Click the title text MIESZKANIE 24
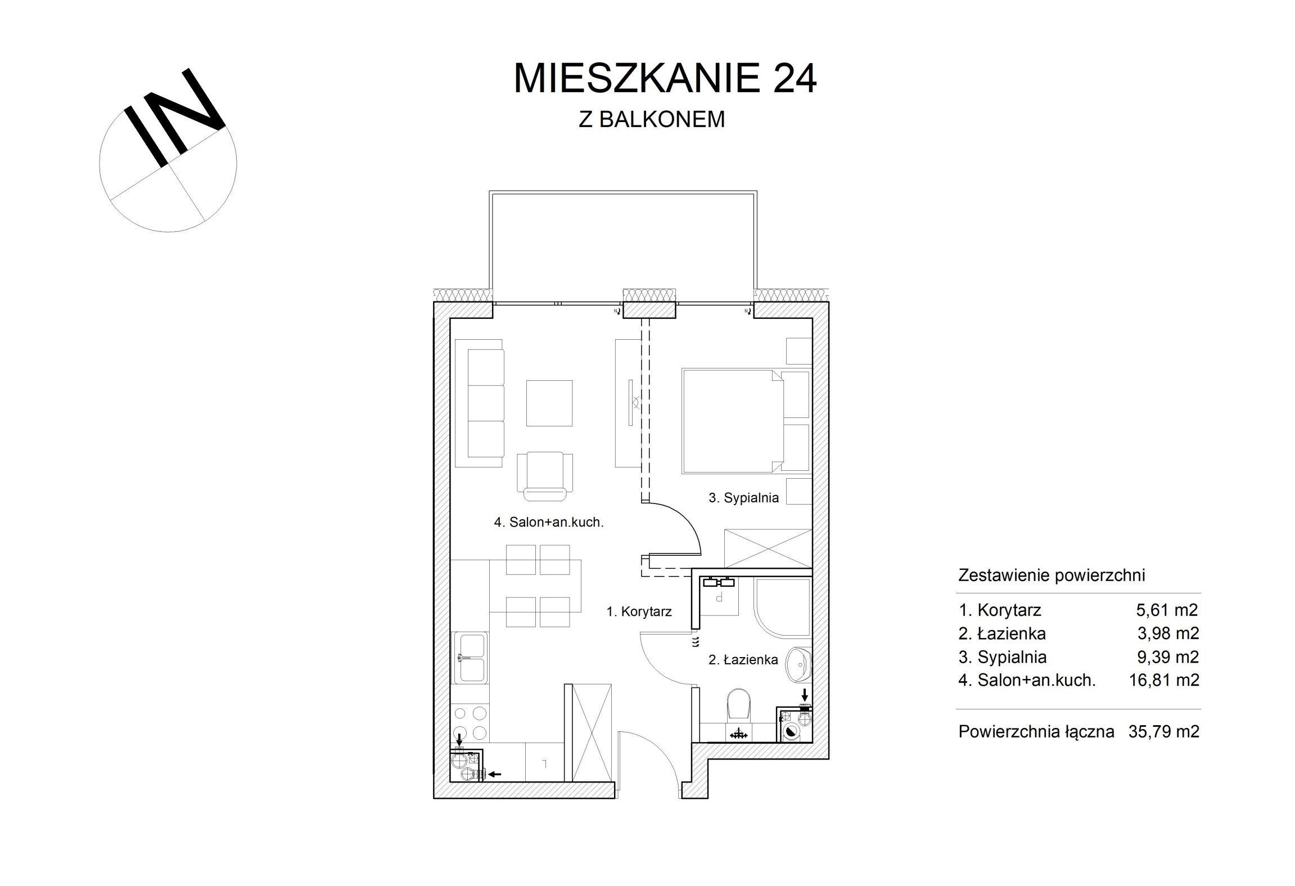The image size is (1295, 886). [x=665, y=78]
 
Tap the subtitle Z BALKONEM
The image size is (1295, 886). [x=652, y=119]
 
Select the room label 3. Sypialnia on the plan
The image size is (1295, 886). [x=743, y=498]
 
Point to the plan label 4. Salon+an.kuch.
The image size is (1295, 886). [x=549, y=523]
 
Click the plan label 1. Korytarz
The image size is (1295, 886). [x=639, y=611]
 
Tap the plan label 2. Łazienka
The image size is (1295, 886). [x=743, y=659]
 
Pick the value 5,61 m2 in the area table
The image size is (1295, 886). [x=1167, y=610]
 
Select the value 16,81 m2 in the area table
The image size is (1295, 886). [x=1164, y=680]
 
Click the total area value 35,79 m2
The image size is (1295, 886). [x=1164, y=731]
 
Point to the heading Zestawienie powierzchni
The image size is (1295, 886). [x=1052, y=575]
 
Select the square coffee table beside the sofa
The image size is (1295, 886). [x=549, y=403]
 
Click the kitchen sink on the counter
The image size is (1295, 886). [x=471, y=658]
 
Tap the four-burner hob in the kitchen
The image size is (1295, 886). [x=470, y=723]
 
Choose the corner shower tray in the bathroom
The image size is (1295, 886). [x=782, y=608]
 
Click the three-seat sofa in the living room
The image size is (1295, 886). [x=479, y=403]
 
